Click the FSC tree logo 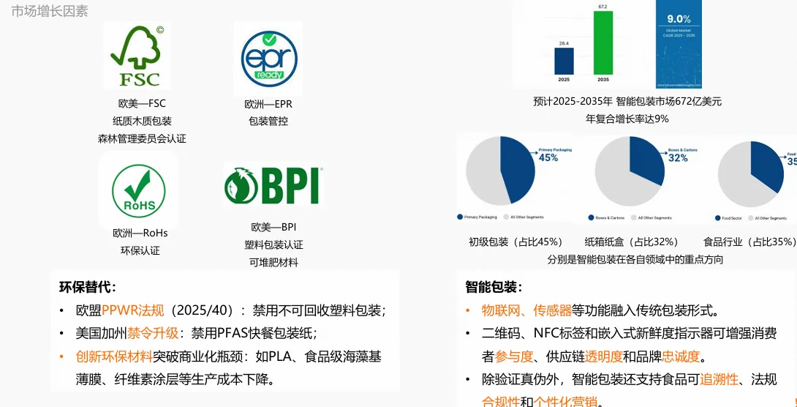(137, 56)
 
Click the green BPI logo (273, 185)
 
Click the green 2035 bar (603, 42)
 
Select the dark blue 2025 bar (564, 61)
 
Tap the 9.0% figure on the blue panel (678, 19)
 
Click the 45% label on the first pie (548, 157)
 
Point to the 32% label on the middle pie (678, 157)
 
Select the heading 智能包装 (494, 288)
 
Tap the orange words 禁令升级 (153, 334)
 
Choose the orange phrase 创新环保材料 (114, 356)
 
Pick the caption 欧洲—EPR (268, 104)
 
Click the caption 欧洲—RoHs (140, 234)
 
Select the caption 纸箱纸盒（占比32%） (632, 242)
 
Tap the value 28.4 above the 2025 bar (564, 44)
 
